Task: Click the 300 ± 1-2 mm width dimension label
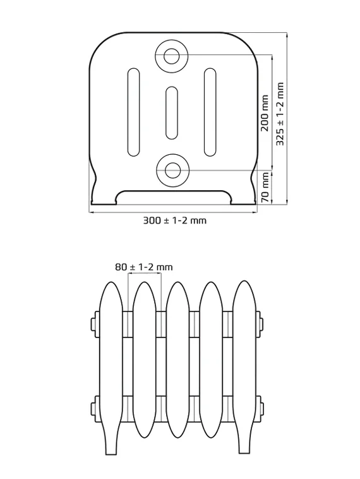pos(175,221)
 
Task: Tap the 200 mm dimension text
pos(265,113)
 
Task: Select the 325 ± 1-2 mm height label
pos(280,114)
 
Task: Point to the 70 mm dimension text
pos(265,188)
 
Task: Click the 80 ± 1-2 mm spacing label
pos(144,267)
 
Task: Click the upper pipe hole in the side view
pos(171,56)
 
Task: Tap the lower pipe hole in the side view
pos(172,170)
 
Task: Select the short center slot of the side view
pos(172,112)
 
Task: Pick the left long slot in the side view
pos(133,112)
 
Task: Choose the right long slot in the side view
pos(210,112)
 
